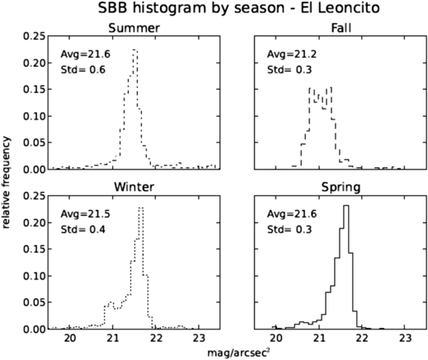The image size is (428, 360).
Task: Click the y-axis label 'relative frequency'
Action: (x=7, y=180)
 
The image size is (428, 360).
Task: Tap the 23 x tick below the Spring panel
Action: (x=405, y=337)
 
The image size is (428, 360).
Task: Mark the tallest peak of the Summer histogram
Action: (x=134, y=50)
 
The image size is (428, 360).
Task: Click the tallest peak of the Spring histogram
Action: (x=346, y=206)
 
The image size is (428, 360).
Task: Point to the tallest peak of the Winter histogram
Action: (x=141, y=208)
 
